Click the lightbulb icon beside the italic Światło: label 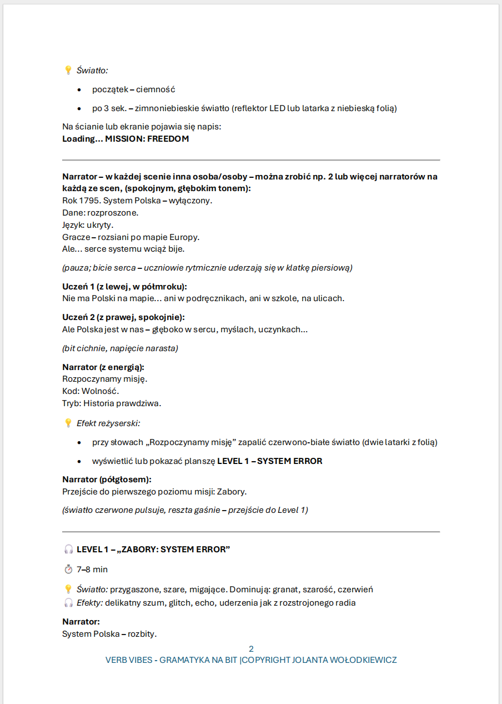coord(68,70)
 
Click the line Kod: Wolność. coord(91,391)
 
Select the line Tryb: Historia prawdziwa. coord(112,403)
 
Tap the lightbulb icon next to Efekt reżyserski coord(68,423)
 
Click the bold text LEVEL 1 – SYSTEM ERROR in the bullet coord(269,461)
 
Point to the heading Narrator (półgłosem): coord(107,480)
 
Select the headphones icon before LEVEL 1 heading coord(68,550)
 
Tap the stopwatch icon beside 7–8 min coord(68,570)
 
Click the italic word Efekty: coord(89,603)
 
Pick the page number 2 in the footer coord(251,649)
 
